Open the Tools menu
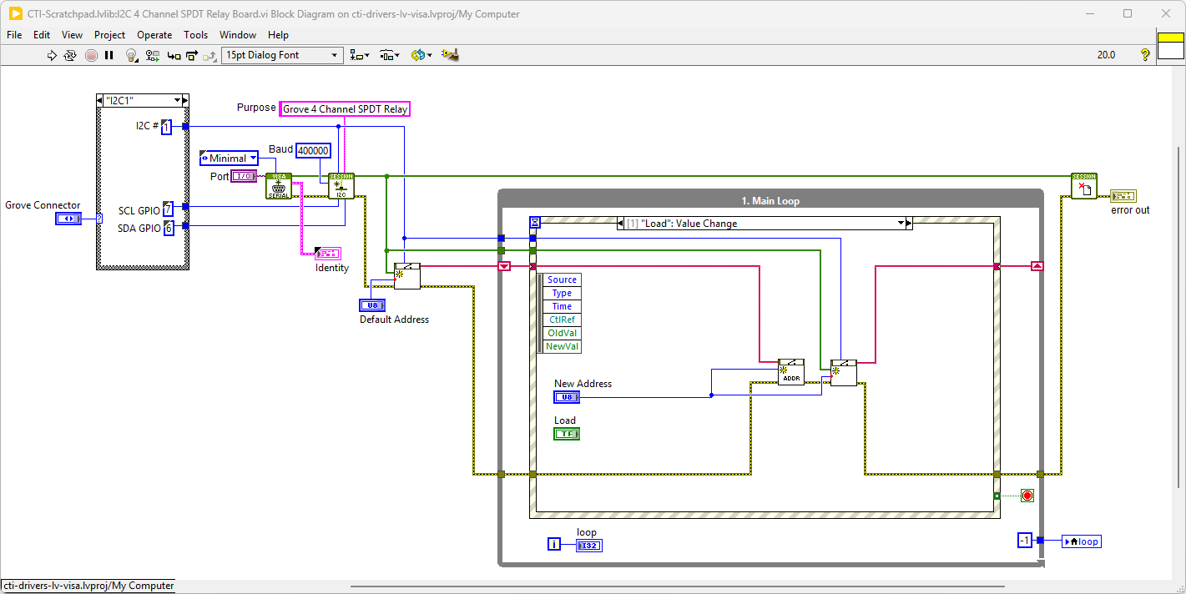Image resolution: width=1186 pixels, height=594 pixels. pyautogui.click(x=195, y=35)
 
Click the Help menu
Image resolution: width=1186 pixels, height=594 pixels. pyautogui.click(x=278, y=35)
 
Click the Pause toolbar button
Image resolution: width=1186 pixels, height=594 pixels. pyautogui.click(x=109, y=55)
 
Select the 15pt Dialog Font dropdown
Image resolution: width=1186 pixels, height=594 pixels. pyautogui.click(x=282, y=55)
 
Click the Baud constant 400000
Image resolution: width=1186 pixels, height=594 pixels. pyautogui.click(x=313, y=151)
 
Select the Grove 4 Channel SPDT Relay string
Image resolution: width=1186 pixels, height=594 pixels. pyautogui.click(x=345, y=109)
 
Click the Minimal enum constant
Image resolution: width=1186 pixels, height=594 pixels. pyautogui.click(x=228, y=159)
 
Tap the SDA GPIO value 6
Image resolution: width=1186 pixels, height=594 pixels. pyautogui.click(x=168, y=228)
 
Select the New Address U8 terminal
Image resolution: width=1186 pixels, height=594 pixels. pyautogui.click(x=567, y=397)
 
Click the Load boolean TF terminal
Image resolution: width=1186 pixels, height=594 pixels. pyautogui.click(x=567, y=434)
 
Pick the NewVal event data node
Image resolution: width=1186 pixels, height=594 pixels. pyautogui.click(x=562, y=346)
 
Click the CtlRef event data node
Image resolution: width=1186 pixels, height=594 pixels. pyautogui.click(x=562, y=320)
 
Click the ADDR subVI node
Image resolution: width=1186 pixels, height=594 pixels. pyautogui.click(x=790, y=372)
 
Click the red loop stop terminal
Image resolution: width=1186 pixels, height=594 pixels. pyautogui.click(x=1027, y=496)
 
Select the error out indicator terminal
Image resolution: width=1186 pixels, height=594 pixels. pyautogui.click(x=1122, y=196)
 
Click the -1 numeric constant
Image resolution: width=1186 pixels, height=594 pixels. pyautogui.click(x=1026, y=541)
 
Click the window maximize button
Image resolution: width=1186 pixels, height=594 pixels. pyautogui.click(x=1128, y=13)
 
